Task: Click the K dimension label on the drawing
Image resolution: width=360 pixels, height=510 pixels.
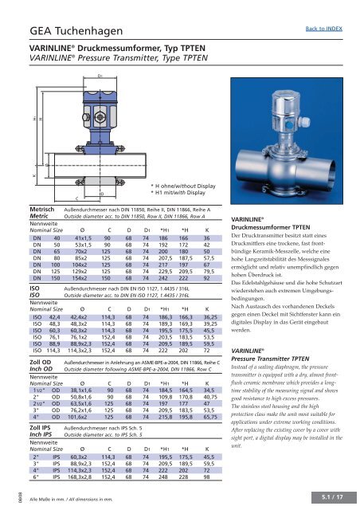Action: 11,170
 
